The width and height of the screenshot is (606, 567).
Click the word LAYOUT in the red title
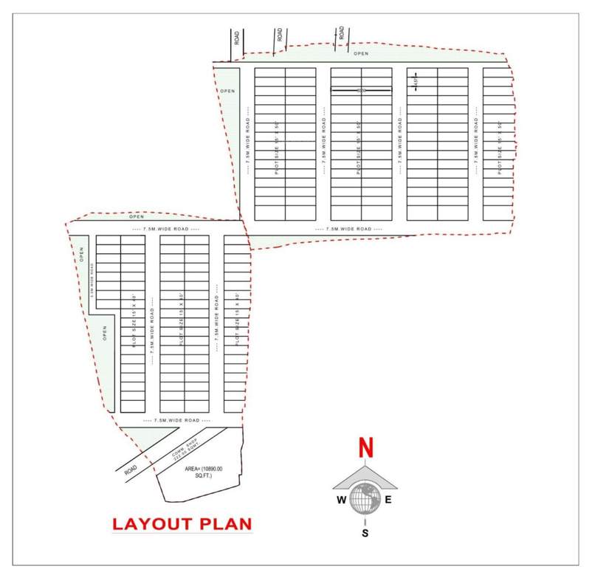tap(155, 524)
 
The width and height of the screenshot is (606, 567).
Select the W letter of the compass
tap(341, 500)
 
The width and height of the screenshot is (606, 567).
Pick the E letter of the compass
tap(389, 500)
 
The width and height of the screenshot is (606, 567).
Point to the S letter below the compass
tap(365, 532)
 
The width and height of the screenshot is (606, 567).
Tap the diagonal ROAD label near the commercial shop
tap(131, 468)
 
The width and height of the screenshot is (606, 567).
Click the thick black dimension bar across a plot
tap(360, 90)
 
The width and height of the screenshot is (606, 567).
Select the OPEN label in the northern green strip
tap(361, 54)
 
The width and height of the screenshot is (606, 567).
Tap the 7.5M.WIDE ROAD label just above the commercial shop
tap(176, 420)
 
